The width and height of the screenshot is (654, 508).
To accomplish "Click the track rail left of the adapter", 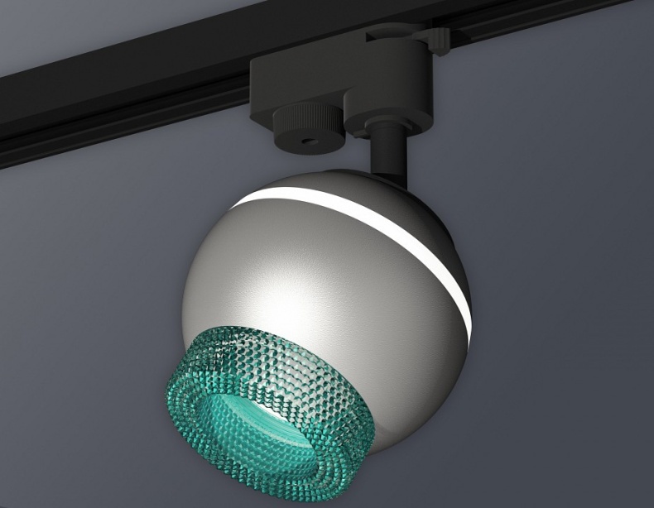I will (124, 99).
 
